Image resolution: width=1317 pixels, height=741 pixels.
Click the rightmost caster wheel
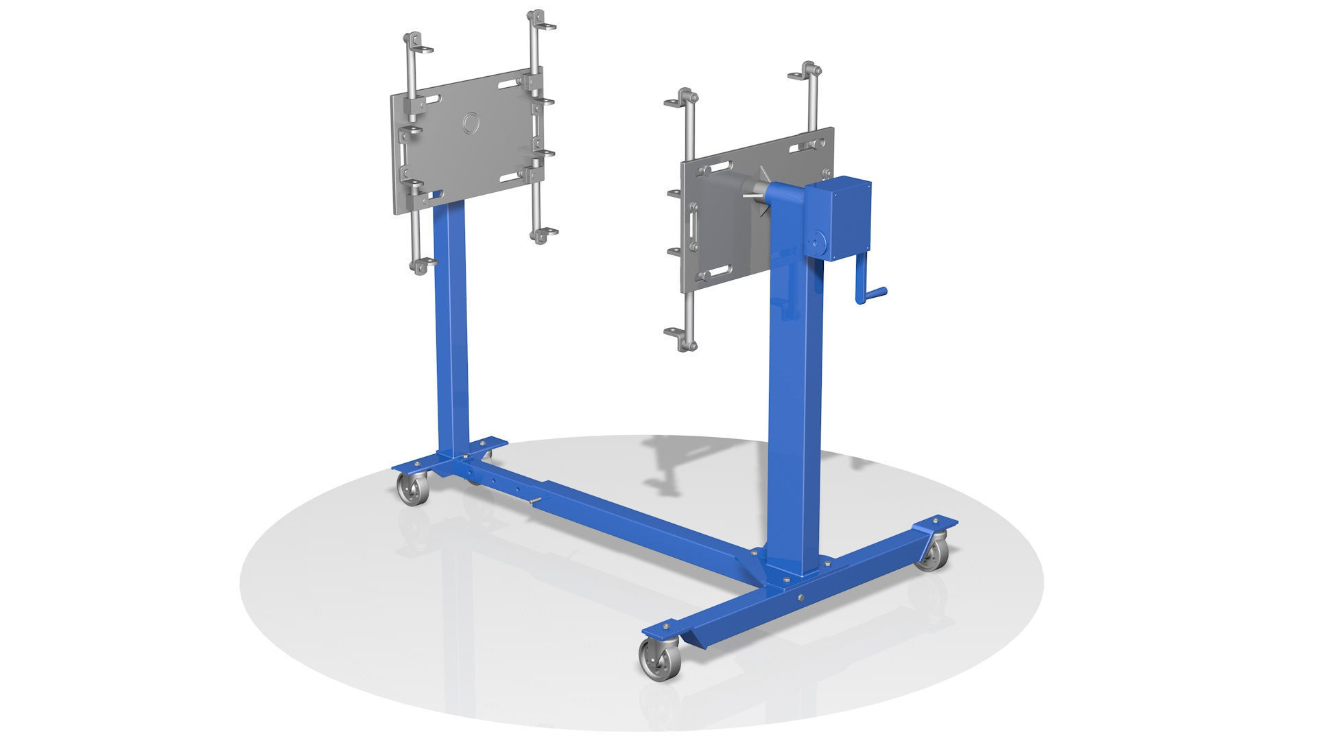coord(934,555)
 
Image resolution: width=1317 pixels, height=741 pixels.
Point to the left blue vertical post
coord(451,329)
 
